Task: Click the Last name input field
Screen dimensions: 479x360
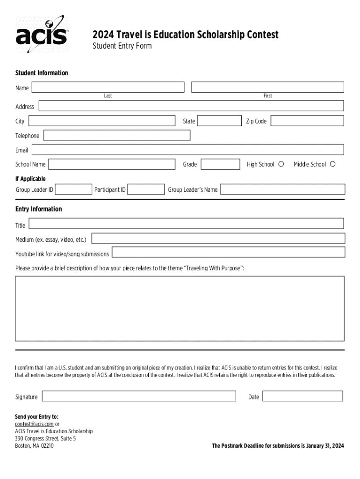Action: pos(108,87)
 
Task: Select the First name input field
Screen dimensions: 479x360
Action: pos(267,87)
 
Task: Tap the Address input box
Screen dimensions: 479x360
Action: pos(191,106)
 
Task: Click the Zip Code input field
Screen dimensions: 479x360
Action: pos(307,121)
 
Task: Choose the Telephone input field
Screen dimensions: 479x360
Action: pos(117,135)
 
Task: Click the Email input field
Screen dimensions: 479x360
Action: pos(188,150)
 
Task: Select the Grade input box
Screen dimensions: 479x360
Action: pos(220,164)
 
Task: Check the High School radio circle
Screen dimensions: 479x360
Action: pos(281,164)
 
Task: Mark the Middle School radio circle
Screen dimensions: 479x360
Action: pos(332,164)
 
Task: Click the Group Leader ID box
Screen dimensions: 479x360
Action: pos(73,189)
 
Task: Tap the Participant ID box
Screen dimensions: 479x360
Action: pos(145,189)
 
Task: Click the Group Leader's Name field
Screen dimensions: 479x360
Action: pos(283,189)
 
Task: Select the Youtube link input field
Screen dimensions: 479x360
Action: pos(228,253)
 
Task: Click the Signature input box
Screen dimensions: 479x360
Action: pos(139,396)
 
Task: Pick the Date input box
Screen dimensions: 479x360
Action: pos(302,396)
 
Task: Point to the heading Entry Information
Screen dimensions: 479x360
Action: pos(38,209)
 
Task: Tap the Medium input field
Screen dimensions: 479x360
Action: pos(218,239)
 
